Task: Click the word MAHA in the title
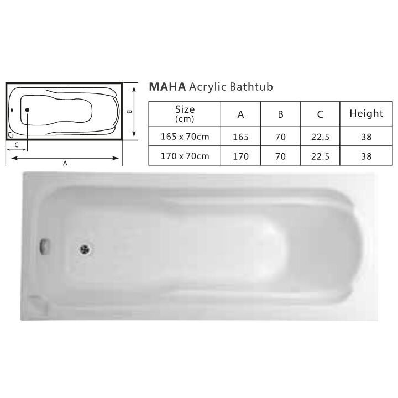pyautogui.click(x=167, y=87)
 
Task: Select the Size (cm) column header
pyautogui.click(x=185, y=114)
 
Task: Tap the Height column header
pyautogui.click(x=366, y=113)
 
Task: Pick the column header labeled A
pyautogui.click(x=240, y=114)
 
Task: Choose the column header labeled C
pyautogui.click(x=320, y=114)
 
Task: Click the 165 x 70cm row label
pyautogui.click(x=185, y=137)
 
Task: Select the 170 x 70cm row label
pyautogui.click(x=185, y=156)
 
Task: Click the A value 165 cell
pyautogui.click(x=240, y=137)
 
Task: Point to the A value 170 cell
pyautogui.click(x=240, y=156)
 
